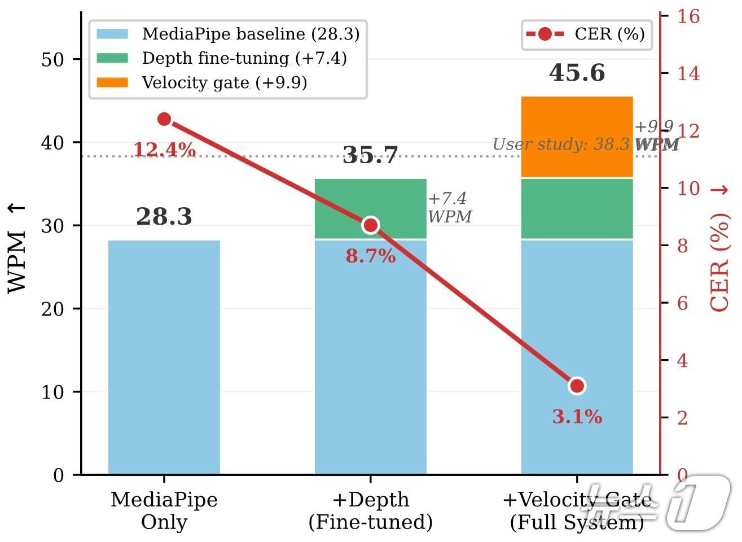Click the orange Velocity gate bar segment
pos(577,137)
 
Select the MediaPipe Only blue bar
pos(164,357)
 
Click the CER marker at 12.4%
pos(164,119)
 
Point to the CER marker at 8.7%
pos(371,225)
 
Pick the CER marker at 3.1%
pos(577,386)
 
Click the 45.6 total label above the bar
pos(577,73)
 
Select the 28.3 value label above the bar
pos(164,217)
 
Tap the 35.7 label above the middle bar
pos(370,155)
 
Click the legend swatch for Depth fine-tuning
pos(113,58)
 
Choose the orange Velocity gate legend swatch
pos(113,83)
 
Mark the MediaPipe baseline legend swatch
pos(113,34)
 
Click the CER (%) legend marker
pos(545,34)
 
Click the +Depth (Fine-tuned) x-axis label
pos(370,511)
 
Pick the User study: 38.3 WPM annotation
pos(586,145)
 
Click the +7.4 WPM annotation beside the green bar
pos(449,207)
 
